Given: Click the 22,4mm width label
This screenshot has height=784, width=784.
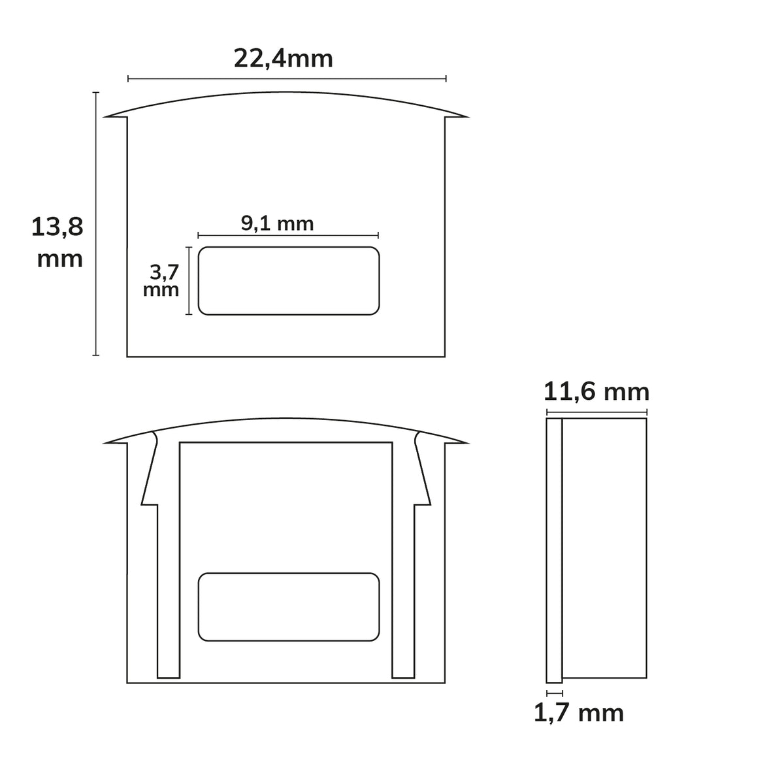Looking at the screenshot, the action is tap(283, 59).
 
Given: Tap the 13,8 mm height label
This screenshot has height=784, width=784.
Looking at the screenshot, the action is tap(57, 242).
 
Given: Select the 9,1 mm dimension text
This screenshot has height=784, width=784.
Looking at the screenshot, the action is tap(277, 223).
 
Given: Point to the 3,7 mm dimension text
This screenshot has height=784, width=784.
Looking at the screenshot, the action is tap(161, 280).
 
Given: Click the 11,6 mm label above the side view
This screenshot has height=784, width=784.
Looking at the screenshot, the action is tap(596, 392).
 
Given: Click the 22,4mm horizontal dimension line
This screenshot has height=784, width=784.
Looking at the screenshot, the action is tap(287, 78).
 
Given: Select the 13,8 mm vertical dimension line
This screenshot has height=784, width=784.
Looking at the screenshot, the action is tap(95, 224).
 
